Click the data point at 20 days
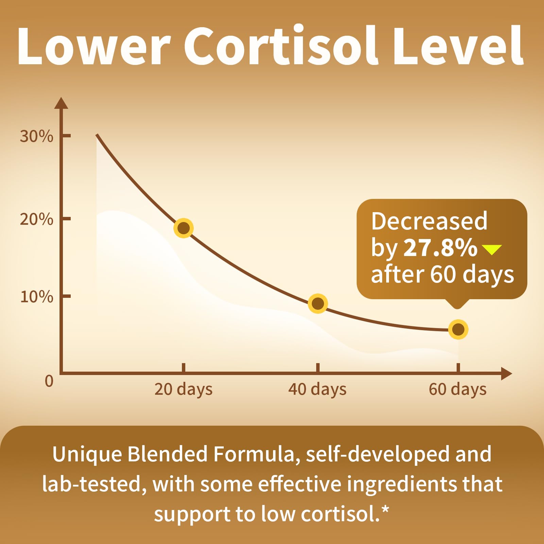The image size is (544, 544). pyautogui.click(x=184, y=228)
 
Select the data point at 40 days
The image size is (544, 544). pyautogui.click(x=318, y=303)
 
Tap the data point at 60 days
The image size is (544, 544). pyautogui.click(x=458, y=329)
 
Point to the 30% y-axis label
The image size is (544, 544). pyautogui.click(x=36, y=136)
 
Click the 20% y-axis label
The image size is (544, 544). pyautogui.click(x=36, y=219)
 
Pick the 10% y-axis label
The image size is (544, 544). pyautogui.click(x=36, y=297)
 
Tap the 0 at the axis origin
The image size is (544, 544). pyautogui.click(x=49, y=381)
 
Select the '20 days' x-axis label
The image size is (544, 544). pyautogui.click(x=183, y=389)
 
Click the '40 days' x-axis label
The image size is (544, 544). pyautogui.click(x=317, y=389)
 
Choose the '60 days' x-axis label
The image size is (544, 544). pyautogui.click(x=457, y=389)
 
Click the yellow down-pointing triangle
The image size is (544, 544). pyautogui.click(x=492, y=250)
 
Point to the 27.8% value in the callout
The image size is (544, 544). pyautogui.click(x=440, y=248)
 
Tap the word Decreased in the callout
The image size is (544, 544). pyautogui.click(x=429, y=221)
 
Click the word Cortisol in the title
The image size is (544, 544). pyautogui.click(x=280, y=46)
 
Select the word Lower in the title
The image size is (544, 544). pyautogui.click(x=93, y=46)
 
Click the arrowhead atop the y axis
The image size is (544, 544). pyautogui.click(x=61, y=103)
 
